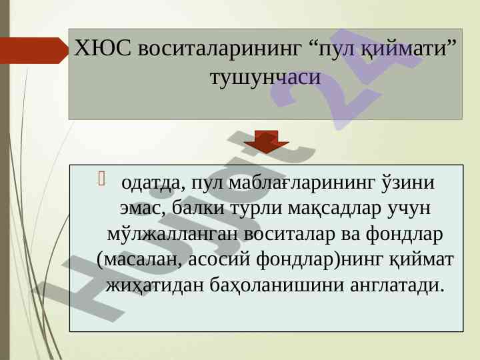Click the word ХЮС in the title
[x=103, y=49]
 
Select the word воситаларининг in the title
[x=219, y=49]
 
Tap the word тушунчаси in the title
[x=265, y=77]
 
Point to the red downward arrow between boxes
[x=267, y=142]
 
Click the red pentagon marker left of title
[x=34, y=51]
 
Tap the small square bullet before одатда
[x=101, y=179]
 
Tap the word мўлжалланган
[x=173, y=235]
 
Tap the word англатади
[x=397, y=286]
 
